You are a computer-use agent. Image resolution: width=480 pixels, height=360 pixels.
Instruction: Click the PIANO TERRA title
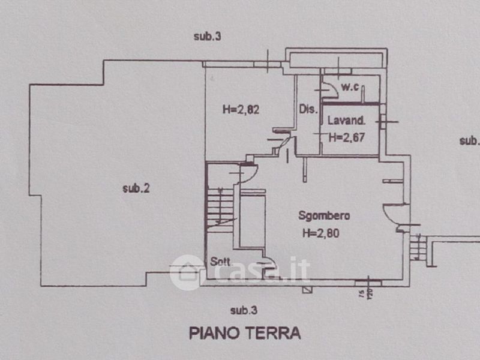pyautogui.click(x=245, y=333)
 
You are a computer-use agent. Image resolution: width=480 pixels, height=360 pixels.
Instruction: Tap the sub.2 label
pyautogui.click(x=136, y=188)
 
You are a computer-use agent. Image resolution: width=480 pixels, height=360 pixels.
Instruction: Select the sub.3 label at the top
pyautogui.click(x=208, y=37)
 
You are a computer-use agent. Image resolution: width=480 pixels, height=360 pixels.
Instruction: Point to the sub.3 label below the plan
pyautogui.click(x=244, y=310)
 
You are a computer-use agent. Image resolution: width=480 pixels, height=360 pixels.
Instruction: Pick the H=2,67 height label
pyautogui.click(x=347, y=137)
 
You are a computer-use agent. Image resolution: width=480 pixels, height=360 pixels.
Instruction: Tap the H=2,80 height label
pyautogui.click(x=321, y=234)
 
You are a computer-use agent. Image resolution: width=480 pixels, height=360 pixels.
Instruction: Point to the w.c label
pyautogui.click(x=350, y=88)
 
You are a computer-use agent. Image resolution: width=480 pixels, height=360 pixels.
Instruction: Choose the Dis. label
pyautogui.click(x=308, y=109)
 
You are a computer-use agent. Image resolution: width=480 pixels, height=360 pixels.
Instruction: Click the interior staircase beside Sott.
pyautogui.click(x=219, y=207)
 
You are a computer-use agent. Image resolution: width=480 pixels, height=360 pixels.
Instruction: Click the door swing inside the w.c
pyautogui.click(x=329, y=88)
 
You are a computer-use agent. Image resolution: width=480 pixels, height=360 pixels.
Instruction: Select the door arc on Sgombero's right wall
pyautogui.click(x=396, y=213)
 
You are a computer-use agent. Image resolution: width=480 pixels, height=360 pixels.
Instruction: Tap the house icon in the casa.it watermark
pyautogui.click(x=187, y=272)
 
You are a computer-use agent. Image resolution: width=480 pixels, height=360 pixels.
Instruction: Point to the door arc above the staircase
pyautogui.click(x=248, y=172)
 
